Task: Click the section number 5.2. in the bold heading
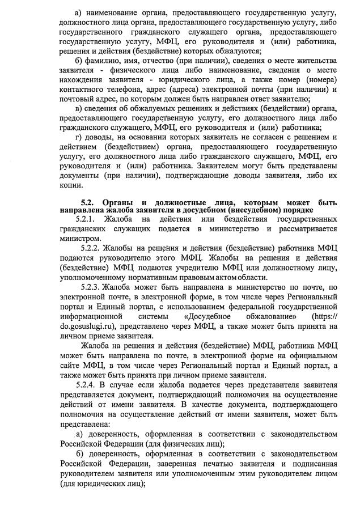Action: pyautogui.click(x=91, y=202)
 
